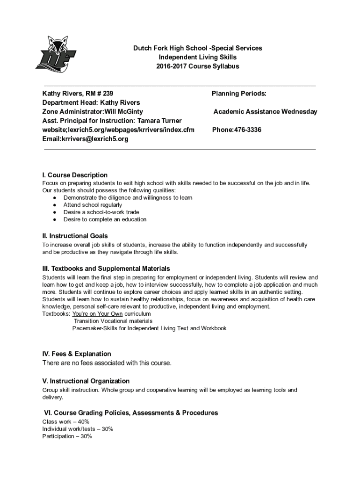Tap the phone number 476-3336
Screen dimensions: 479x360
point(245,130)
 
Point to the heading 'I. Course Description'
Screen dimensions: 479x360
point(75,175)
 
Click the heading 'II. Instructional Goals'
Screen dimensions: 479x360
point(75,236)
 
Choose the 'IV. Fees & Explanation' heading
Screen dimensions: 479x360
point(77,354)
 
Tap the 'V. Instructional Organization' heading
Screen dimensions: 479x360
point(86,381)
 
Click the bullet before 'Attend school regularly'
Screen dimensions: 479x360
point(55,205)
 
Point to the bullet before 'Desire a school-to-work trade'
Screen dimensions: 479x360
point(55,212)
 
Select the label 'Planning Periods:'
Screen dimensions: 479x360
point(239,94)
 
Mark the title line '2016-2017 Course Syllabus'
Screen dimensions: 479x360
point(198,66)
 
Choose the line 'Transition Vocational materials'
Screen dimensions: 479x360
point(113,321)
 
